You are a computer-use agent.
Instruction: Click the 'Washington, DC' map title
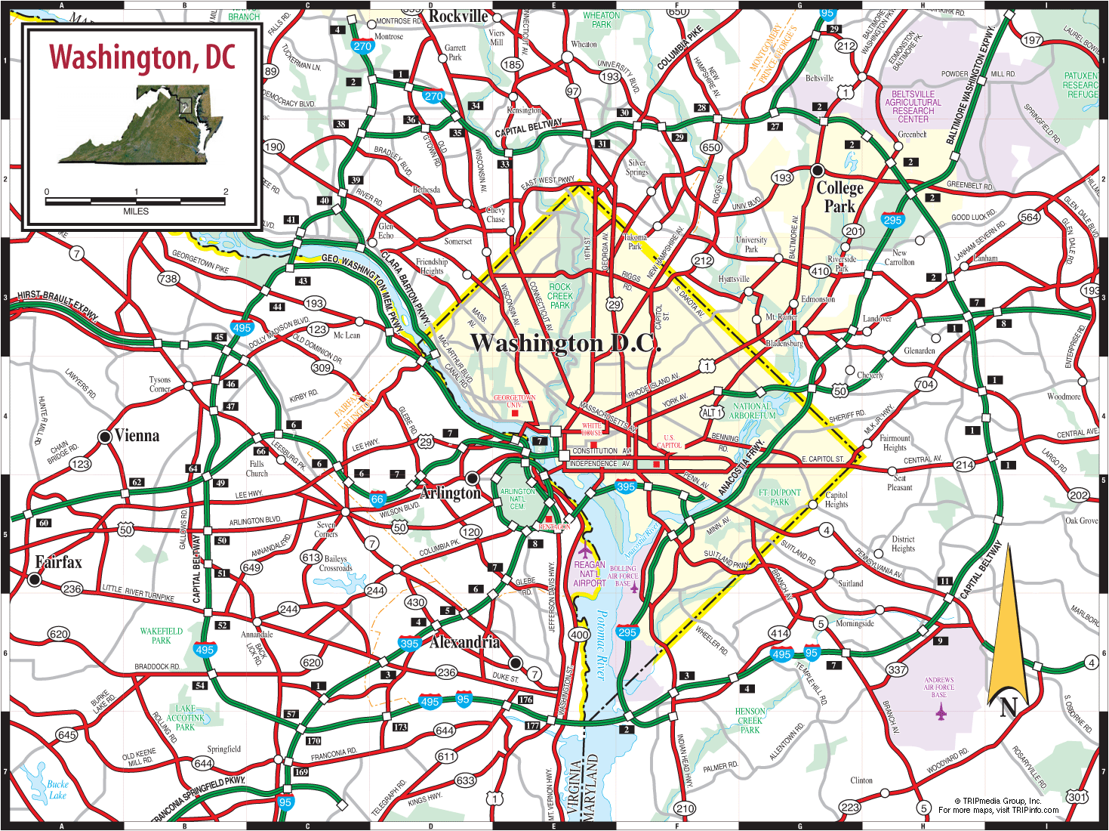(x=142, y=57)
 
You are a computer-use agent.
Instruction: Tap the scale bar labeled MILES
(x=136, y=202)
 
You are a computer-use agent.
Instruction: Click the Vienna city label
(x=137, y=436)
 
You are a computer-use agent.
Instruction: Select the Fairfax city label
(x=58, y=562)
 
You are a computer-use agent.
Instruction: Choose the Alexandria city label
(x=464, y=643)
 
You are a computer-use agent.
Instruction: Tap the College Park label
(x=839, y=197)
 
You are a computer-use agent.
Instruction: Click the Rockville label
(x=458, y=17)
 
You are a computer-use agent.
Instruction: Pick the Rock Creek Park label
(x=560, y=296)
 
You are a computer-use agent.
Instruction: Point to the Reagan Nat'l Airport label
(x=590, y=574)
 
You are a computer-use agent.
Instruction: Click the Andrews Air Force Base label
(x=939, y=687)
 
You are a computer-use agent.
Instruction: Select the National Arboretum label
(x=753, y=411)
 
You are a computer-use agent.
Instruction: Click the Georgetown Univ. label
(x=514, y=401)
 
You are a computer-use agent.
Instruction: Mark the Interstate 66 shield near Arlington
(x=377, y=499)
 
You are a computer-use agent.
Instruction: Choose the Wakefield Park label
(x=161, y=635)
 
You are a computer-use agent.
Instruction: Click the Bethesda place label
(x=427, y=190)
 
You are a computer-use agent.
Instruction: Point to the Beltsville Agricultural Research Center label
(x=913, y=107)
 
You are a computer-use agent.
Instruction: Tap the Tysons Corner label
(x=160, y=385)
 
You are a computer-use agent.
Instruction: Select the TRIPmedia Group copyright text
(x=998, y=805)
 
